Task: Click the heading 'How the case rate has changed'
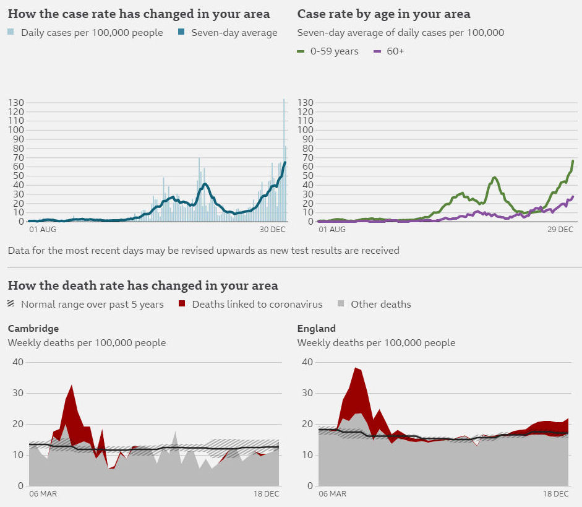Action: (139, 14)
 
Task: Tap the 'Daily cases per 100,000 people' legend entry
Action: (85, 33)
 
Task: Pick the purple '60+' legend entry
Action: (389, 51)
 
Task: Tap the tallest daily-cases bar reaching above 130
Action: (284, 100)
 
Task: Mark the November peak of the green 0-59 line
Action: (495, 178)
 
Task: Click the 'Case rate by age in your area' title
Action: (383, 14)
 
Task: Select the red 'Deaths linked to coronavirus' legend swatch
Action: (182, 304)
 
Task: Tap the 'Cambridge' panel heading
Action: (33, 329)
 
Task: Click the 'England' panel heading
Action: (316, 329)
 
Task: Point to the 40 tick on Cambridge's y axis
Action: (18, 362)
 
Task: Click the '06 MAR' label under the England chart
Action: (332, 494)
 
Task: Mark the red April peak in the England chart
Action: (356, 368)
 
